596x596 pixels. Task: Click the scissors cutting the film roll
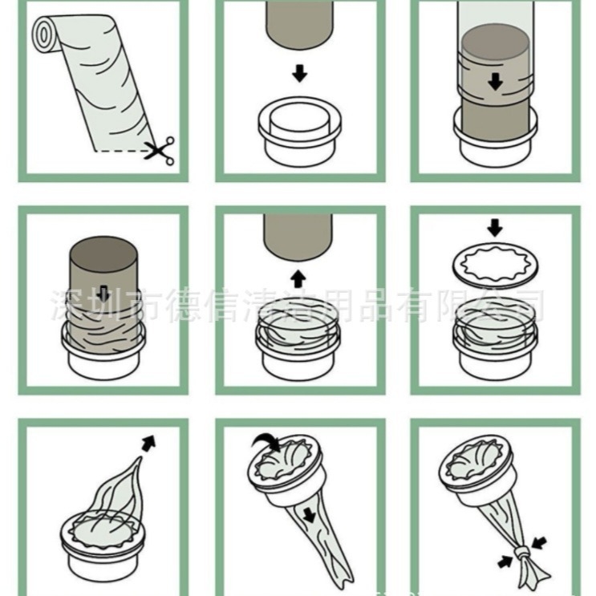(x=160, y=150)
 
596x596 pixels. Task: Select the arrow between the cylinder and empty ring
(x=299, y=74)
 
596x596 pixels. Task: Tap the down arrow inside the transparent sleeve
(x=496, y=81)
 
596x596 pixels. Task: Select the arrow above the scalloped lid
(x=495, y=226)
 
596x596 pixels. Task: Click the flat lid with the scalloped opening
(x=495, y=262)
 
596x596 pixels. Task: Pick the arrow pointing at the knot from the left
(x=506, y=562)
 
